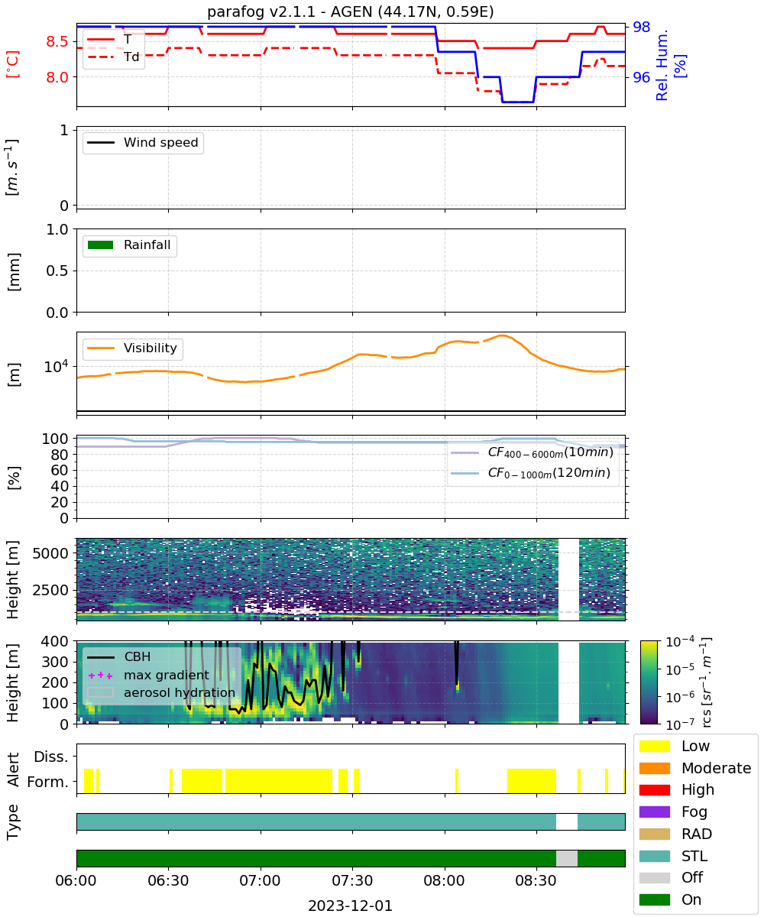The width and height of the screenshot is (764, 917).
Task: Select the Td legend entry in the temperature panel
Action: (113, 57)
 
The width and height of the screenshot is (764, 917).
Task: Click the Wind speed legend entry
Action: (143, 142)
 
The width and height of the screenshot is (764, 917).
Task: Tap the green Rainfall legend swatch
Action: (101, 245)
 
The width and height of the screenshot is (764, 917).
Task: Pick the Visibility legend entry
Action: (131, 348)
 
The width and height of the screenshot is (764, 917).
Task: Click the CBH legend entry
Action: (118, 656)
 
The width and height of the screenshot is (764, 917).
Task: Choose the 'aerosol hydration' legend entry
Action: (161, 692)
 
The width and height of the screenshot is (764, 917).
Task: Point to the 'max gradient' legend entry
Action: (149, 675)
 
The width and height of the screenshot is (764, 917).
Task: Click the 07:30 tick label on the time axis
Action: (352, 880)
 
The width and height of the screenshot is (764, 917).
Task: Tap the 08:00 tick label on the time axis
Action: (444, 880)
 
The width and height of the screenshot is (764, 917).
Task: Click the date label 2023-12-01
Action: (350, 906)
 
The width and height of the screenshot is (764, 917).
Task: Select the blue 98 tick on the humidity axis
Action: (641, 28)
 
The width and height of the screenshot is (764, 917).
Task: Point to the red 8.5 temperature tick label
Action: (57, 42)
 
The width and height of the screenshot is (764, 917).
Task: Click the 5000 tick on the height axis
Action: (50, 553)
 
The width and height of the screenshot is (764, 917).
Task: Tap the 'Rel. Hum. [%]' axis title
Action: (671, 65)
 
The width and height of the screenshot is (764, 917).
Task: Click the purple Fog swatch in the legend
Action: (654, 812)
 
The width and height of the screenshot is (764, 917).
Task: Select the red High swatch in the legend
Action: (654, 789)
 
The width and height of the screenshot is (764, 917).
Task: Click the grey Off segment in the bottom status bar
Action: (566, 858)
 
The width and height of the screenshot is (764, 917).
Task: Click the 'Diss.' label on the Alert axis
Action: (51, 757)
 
